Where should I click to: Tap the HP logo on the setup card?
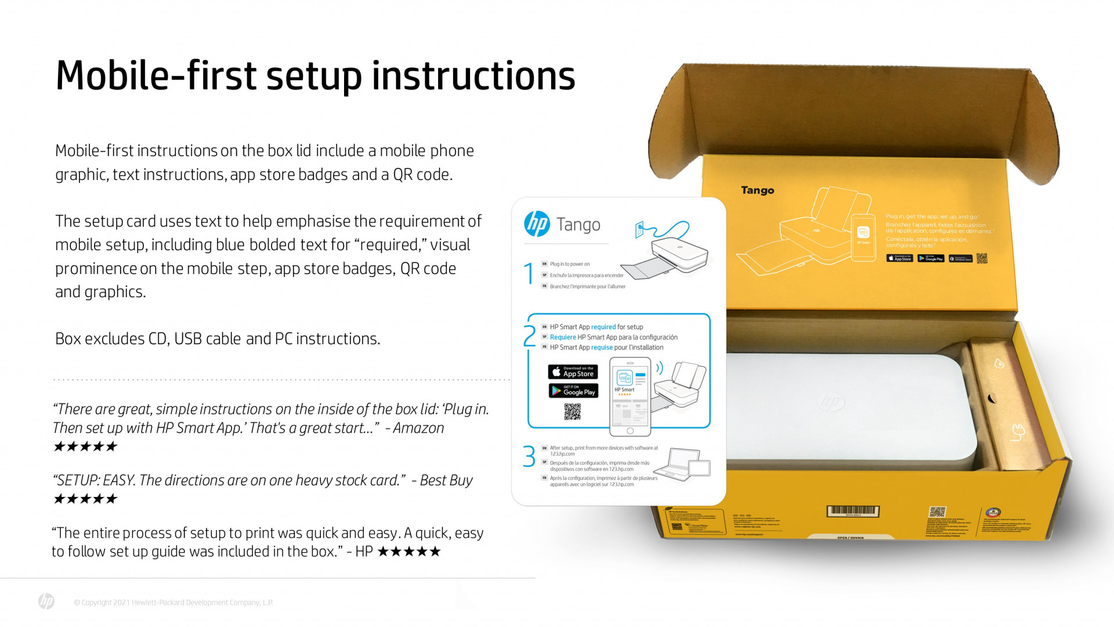537,224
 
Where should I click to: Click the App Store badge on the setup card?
573,372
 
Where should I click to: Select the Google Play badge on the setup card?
573,391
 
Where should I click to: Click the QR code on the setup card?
572,412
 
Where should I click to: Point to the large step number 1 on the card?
529,273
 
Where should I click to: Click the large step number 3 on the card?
529,456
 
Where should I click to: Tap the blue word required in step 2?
603,327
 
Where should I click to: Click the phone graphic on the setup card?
630,397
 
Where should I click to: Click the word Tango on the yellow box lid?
757,190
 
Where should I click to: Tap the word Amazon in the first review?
418,428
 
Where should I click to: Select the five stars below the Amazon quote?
85,446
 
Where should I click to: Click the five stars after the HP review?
409,552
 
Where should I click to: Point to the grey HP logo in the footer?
46,601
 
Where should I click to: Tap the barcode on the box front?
852,511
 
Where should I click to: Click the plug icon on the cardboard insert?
1018,431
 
